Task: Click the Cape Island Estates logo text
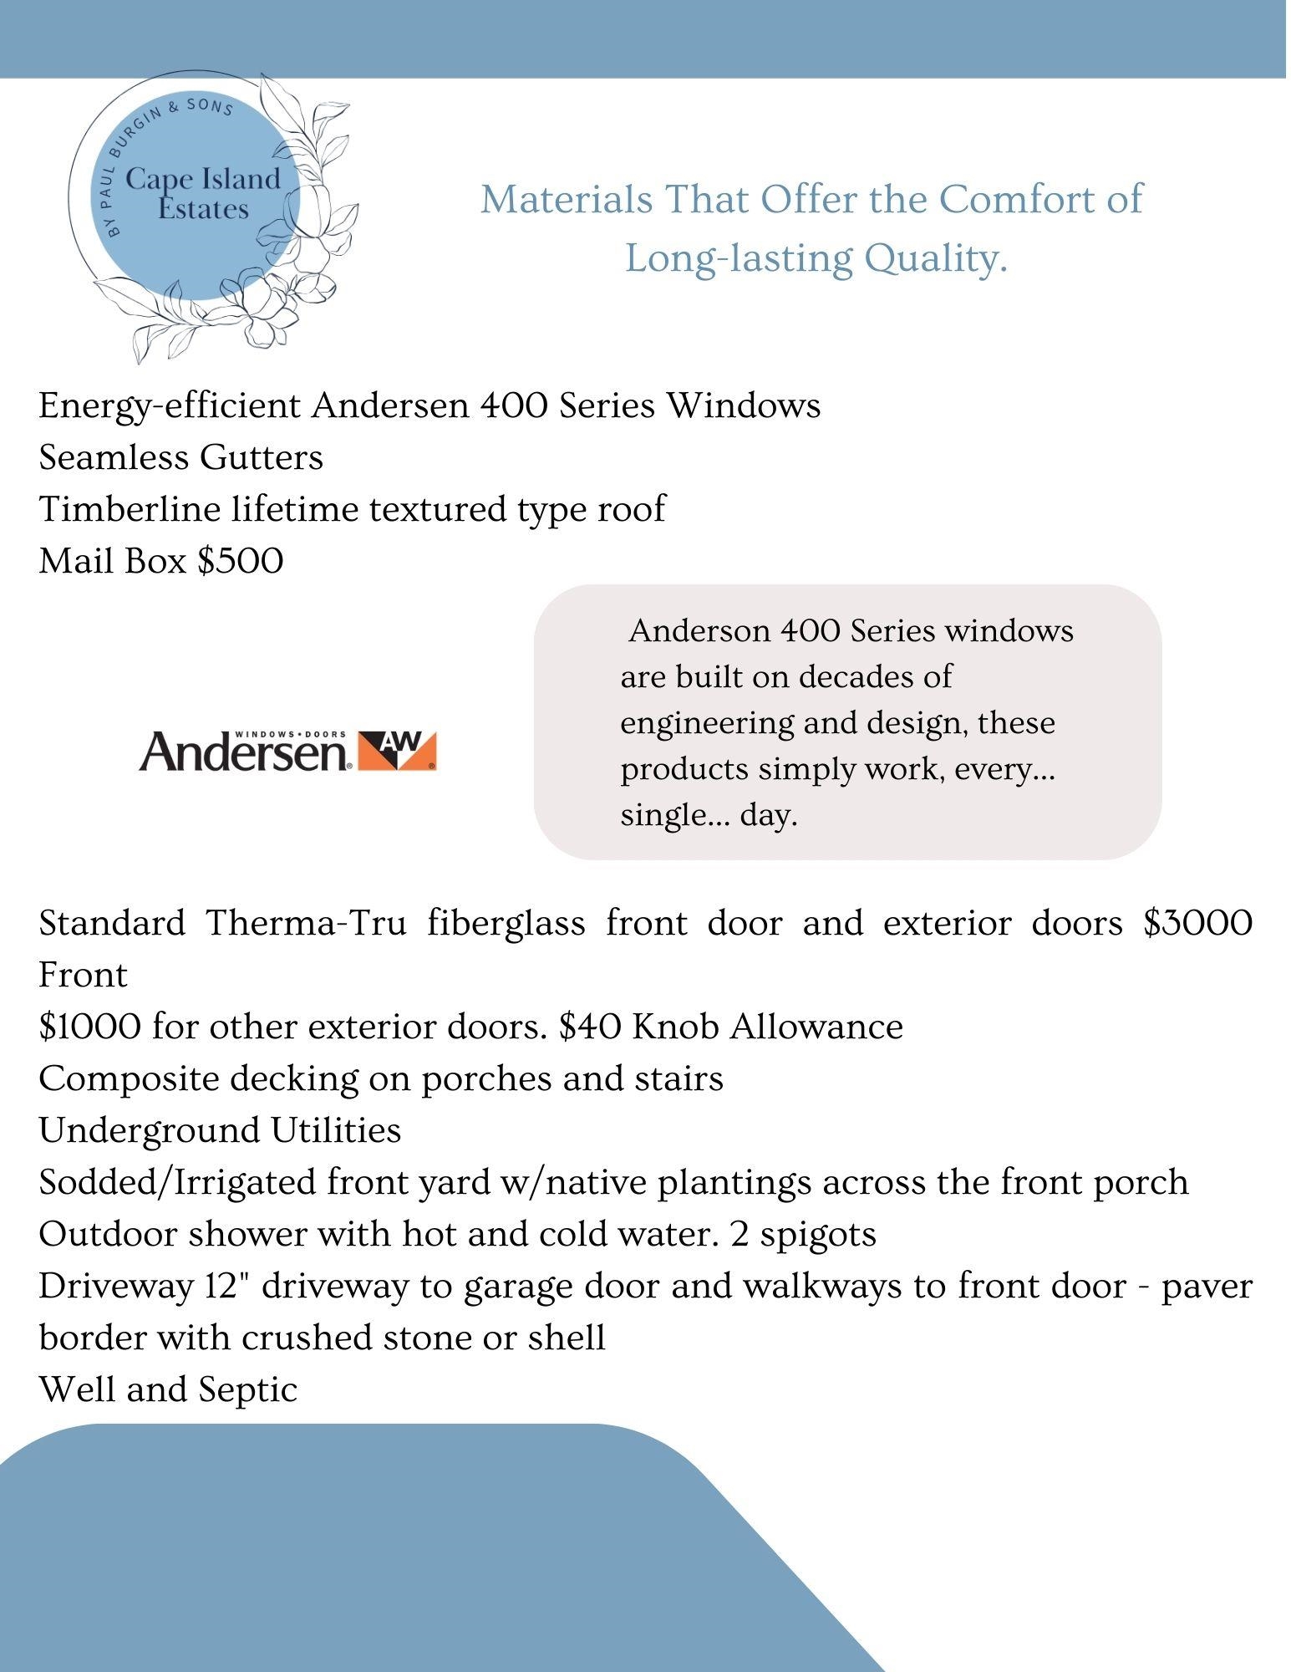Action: tap(203, 194)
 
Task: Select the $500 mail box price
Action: tap(241, 561)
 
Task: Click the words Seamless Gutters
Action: tap(180, 457)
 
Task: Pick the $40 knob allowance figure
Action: tap(589, 1027)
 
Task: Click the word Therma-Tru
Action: tap(307, 923)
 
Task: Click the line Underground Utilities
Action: tap(220, 1130)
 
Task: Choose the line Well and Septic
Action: tap(168, 1389)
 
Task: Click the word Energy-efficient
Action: tap(170, 405)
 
